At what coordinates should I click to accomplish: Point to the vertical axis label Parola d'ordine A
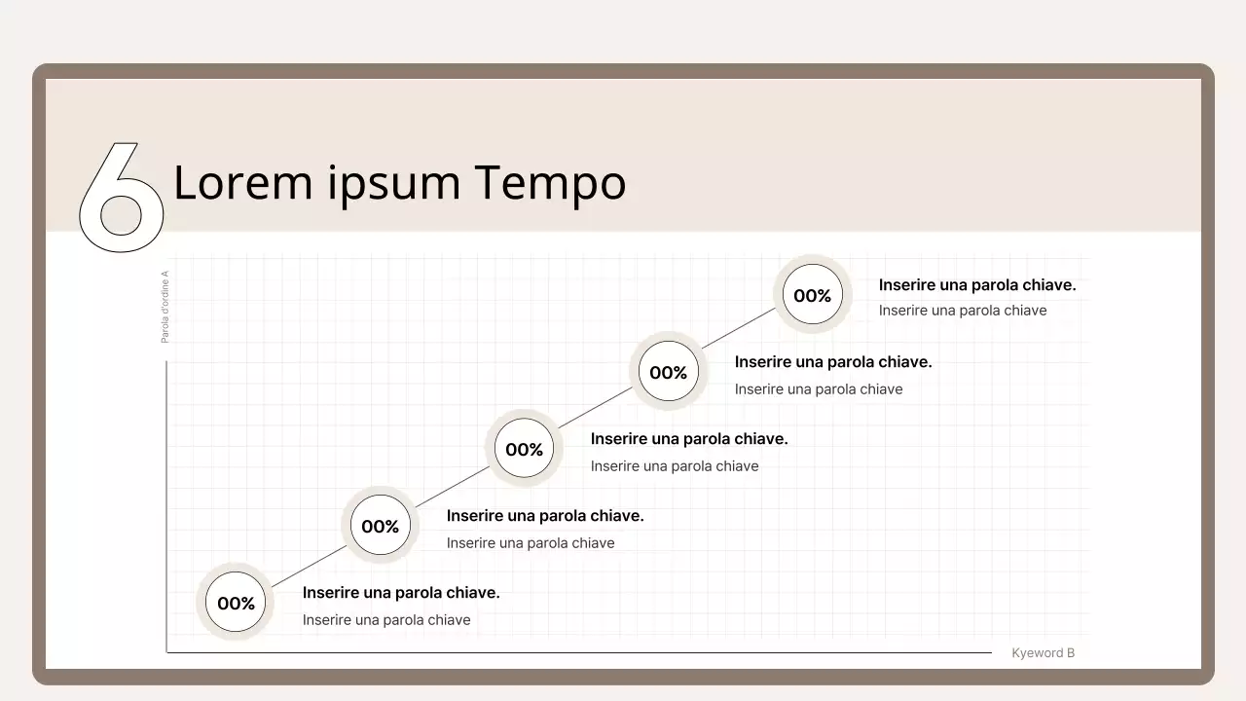[165, 307]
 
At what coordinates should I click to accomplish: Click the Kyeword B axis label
[1043, 653]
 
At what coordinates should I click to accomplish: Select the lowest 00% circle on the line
[236, 603]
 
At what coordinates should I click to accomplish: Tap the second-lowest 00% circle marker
[380, 526]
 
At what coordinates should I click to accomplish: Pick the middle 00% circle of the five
[524, 449]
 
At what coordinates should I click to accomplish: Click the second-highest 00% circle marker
[668, 372]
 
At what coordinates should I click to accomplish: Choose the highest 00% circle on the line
[812, 295]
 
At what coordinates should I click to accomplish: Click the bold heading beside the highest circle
[977, 285]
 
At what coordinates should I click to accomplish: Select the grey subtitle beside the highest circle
[963, 311]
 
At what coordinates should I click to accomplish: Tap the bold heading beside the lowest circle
[401, 593]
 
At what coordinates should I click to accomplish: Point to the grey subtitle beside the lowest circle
[386, 620]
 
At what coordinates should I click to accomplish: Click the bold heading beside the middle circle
[689, 439]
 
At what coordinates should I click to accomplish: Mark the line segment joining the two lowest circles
[308, 565]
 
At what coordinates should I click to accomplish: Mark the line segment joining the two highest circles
[740, 334]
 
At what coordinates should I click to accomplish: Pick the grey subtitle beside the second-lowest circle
[531, 543]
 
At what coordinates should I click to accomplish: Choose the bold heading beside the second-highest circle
[833, 362]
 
